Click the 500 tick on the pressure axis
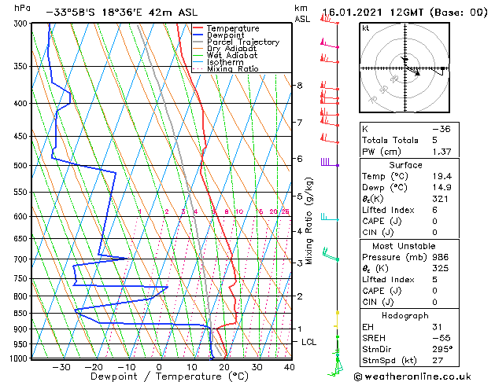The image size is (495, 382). point(20,166)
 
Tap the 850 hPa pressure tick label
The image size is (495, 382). point(20,313)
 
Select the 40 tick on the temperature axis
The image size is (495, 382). point(289,367)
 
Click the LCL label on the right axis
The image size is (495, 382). point(309,342)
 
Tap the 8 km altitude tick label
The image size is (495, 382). point(300,85)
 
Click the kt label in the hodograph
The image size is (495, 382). point(366,28)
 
